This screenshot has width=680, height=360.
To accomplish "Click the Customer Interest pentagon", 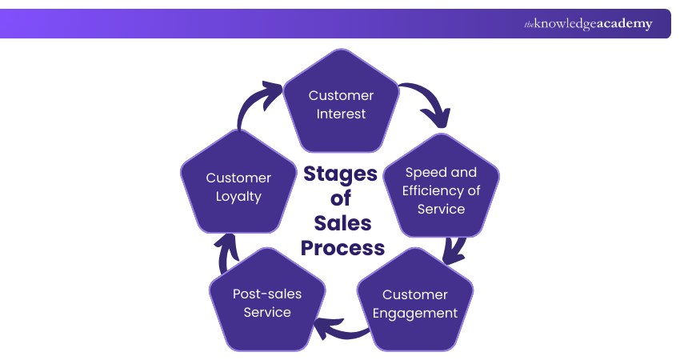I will [x=341, y=102].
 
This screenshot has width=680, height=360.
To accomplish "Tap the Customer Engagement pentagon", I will [x=414, y=302].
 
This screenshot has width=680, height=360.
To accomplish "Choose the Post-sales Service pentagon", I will [x=267, y=302].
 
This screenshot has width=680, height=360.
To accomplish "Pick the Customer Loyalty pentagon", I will [x=238, y=187].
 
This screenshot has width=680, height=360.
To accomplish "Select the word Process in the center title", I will [x=342, y=248].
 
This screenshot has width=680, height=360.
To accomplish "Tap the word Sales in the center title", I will [x=342, y=223].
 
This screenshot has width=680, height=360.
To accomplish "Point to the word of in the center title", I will [x=342, y=198].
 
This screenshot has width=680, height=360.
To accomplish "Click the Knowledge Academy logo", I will [x=588, y=24].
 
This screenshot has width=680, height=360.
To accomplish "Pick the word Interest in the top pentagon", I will [x=341, y=114].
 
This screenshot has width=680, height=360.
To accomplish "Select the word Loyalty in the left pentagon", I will [x=238, y=197].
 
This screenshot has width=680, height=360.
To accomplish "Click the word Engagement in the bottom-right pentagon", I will [x=415, y=313].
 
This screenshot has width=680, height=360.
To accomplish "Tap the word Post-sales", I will [x=267, y=294].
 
